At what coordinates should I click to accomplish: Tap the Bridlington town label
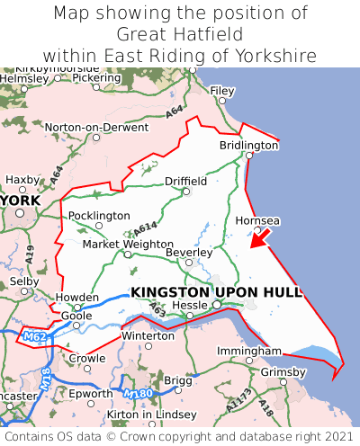[249, 145]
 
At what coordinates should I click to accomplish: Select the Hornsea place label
[257, 220]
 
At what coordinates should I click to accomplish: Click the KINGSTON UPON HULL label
[216, 292]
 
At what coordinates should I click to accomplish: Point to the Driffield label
[185, 181]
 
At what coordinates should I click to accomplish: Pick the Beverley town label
[188, 253]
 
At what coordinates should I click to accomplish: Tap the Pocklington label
[99, 216]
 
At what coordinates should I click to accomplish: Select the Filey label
[221, 91]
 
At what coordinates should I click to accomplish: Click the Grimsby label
[283, 371]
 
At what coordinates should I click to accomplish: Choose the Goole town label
[76, 317]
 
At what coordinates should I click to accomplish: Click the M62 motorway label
[33, 337]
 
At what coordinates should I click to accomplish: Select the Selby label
[18, 281]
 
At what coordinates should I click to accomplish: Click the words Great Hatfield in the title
[180, 34]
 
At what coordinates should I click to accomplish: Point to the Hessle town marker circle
[216, 306]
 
